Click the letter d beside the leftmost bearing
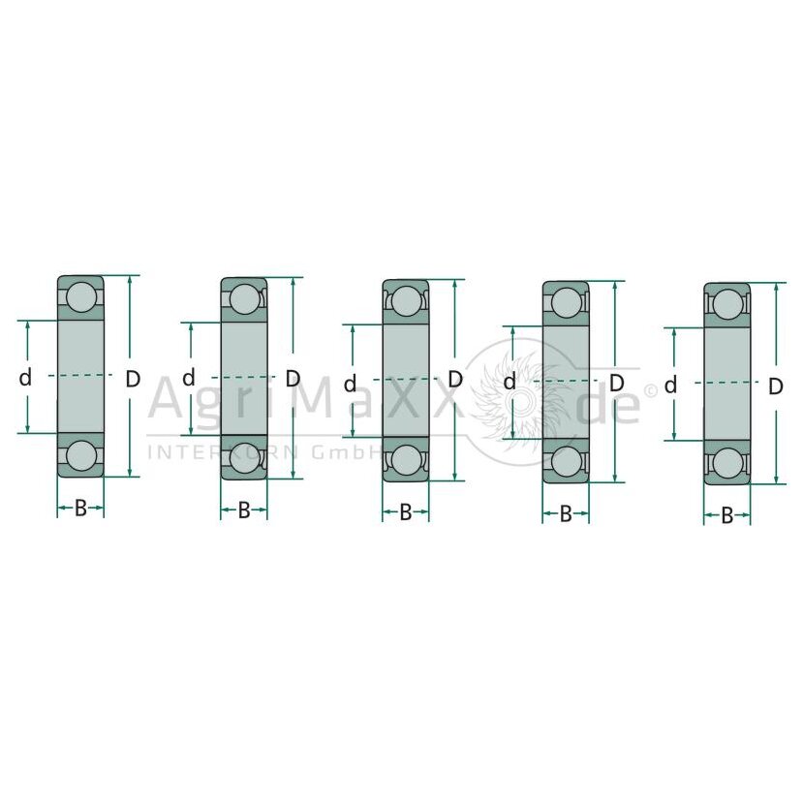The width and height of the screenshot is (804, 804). [x=25, y=378]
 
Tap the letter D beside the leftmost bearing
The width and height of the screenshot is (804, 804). [x=133, y=379]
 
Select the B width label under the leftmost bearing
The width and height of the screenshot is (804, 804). [x=80, y=509]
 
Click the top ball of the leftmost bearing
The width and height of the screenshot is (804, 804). [x=81, y=296]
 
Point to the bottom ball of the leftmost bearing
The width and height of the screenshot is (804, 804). [x=81, y=456]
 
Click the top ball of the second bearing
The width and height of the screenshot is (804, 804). [x=244, y=299]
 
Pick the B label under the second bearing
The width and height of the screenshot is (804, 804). [x=244, y=510]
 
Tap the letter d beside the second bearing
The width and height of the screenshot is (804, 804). [x=189, y=378]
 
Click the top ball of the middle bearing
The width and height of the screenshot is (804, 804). [x=406, y=301]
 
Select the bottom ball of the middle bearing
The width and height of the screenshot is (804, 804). [x=406, y=460]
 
